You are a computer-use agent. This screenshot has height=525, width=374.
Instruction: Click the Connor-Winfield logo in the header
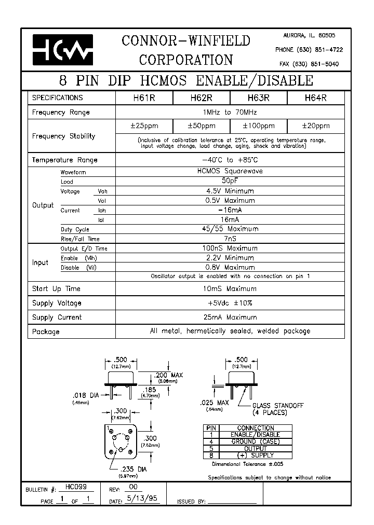pos(62,50)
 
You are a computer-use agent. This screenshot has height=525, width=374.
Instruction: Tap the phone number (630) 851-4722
pos(309,50)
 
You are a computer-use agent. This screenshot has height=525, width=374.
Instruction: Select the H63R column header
pos(258,98)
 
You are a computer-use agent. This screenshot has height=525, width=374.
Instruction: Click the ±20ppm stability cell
pos(315,126)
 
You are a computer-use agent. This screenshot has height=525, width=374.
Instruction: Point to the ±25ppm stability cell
pos(144,126)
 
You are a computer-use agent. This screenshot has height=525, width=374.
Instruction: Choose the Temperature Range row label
pos(64,160)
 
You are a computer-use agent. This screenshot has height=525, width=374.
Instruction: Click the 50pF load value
pos(229,182)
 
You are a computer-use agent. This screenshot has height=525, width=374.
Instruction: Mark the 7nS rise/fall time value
pos(229,239)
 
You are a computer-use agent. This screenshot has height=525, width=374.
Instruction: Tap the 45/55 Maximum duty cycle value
pos(229,229)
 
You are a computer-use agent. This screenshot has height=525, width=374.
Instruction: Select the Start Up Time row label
pos(56,289)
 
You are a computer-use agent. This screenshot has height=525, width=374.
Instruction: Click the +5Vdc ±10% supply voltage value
pos(229,303)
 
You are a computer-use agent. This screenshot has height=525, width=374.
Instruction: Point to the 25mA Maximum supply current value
pos(229,317)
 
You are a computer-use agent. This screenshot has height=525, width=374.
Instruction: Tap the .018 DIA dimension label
pos(86,395)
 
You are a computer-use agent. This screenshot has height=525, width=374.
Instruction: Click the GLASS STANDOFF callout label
pos(277,406)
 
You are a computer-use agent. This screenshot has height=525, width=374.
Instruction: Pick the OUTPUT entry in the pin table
pos(255,448)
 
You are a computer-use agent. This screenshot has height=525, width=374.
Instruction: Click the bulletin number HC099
pos(76,488)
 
